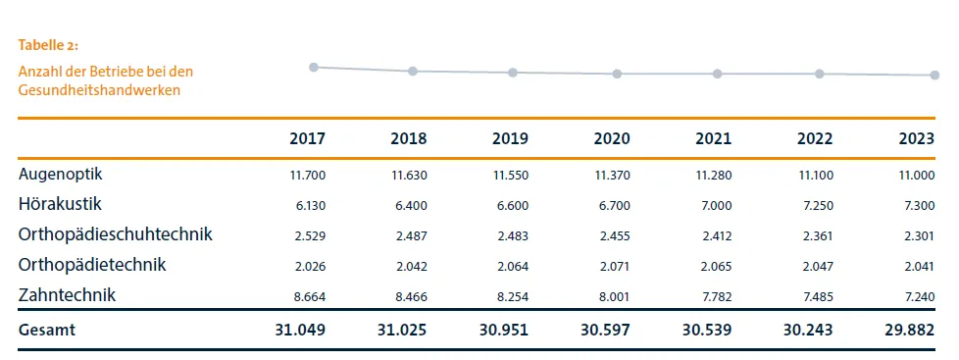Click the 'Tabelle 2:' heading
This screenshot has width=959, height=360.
(48, 45)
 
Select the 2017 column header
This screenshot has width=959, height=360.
(307, 139)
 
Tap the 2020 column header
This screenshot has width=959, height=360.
(611, 139)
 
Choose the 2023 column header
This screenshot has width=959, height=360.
(916, 139)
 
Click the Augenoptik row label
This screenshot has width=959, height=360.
(61, 174)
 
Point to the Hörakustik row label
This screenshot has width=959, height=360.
(60, 204)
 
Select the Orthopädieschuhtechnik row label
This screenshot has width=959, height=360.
(115, 234)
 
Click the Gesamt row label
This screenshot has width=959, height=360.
(47, 331)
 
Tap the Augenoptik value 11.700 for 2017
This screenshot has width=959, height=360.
(309, 175)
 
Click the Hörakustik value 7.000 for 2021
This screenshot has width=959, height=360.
(715, 205)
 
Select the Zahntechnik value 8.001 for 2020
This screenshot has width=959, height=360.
(613, 296)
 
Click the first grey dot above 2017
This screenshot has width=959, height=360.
(314, 67)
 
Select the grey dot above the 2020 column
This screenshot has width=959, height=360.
(617, 74)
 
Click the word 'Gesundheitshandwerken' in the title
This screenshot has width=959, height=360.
(99, 89)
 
